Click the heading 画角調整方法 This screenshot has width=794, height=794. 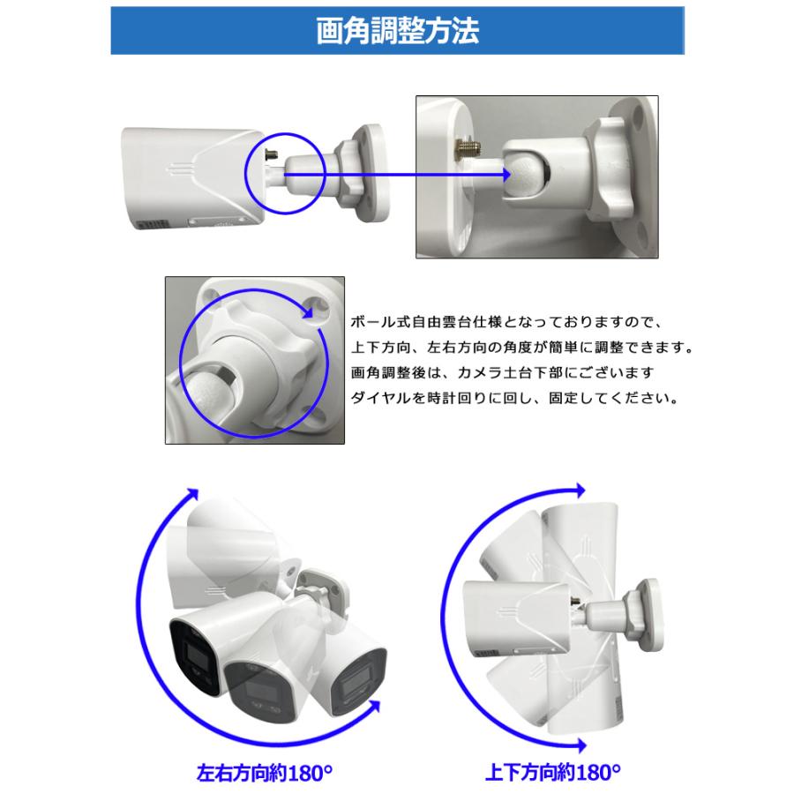tap(397, 33)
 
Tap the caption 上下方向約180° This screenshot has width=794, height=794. tap(553, 774)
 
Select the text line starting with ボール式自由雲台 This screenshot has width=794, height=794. tap(512, 321)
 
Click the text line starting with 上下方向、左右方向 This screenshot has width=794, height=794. tap(520, 347)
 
